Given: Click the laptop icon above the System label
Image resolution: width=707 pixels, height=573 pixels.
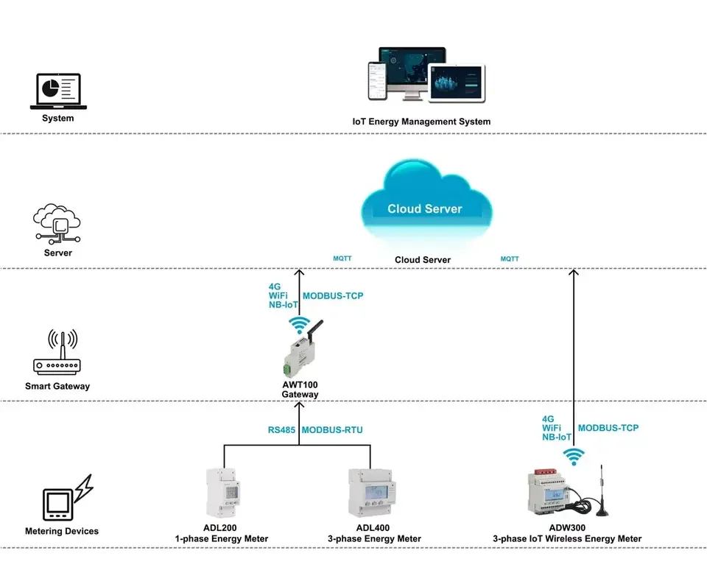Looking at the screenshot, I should pyautogui.click(x=58, y=91).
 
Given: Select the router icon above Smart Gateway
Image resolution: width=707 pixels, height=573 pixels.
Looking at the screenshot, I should pyautogui.click(x=57, y=354).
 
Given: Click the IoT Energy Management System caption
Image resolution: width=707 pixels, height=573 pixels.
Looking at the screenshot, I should pyautogui.click(x=421, y=122).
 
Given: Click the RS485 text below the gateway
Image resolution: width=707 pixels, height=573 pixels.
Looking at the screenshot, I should pyautogui.click(x=281, y=430).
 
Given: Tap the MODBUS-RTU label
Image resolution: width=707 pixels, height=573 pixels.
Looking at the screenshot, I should pyautogui.click(x=332, y=430).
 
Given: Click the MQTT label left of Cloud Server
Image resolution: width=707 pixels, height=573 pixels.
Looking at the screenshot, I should pyautogui.click(x=343, y=259).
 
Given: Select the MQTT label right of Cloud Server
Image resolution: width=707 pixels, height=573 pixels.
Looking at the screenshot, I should pyautogui.click(x=510, y=259).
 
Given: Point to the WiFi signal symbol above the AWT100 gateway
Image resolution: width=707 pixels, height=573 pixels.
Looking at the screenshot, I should pyautogui.click(x=299, y=324).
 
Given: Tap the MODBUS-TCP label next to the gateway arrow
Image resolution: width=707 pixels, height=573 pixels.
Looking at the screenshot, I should pyautogui.click(x=333, y=296).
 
